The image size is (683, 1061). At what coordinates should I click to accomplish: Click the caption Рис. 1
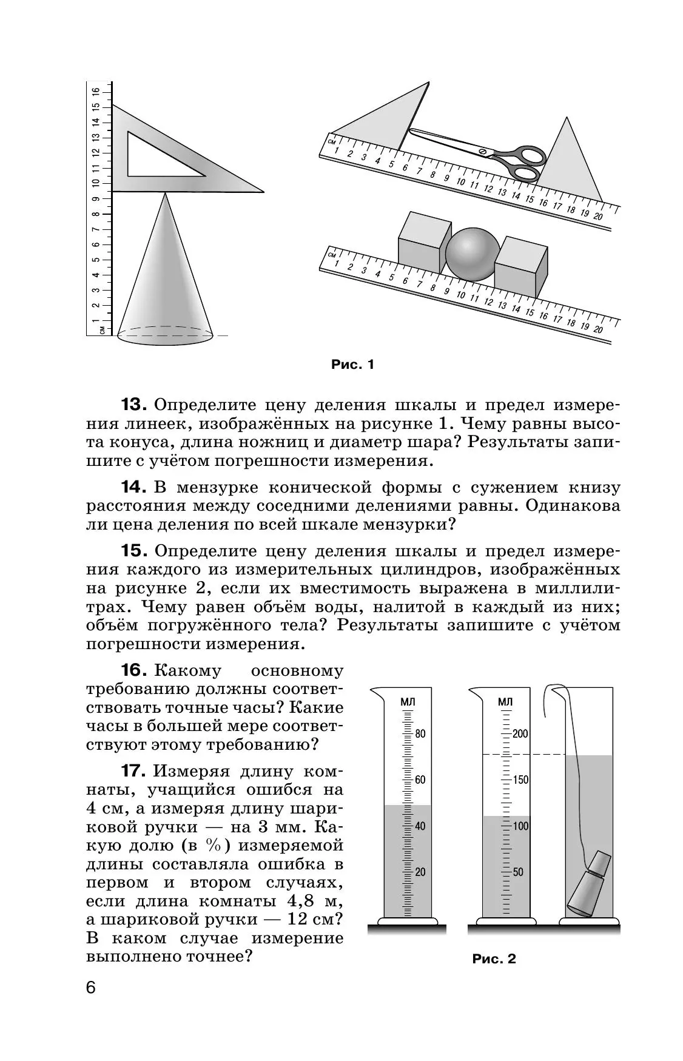tap(352, 365)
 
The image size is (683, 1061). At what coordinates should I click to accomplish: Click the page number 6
tap(91, 1005)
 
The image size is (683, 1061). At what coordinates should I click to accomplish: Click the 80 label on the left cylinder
tap(420, 733)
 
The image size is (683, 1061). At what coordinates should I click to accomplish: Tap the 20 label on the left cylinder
tap(420, 872)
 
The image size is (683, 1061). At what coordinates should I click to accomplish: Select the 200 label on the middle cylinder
tap(520, 733)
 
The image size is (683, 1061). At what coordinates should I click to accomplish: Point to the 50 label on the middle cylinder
tap(518, 872)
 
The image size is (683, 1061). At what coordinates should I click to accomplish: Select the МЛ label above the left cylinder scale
tap(408, 701)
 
